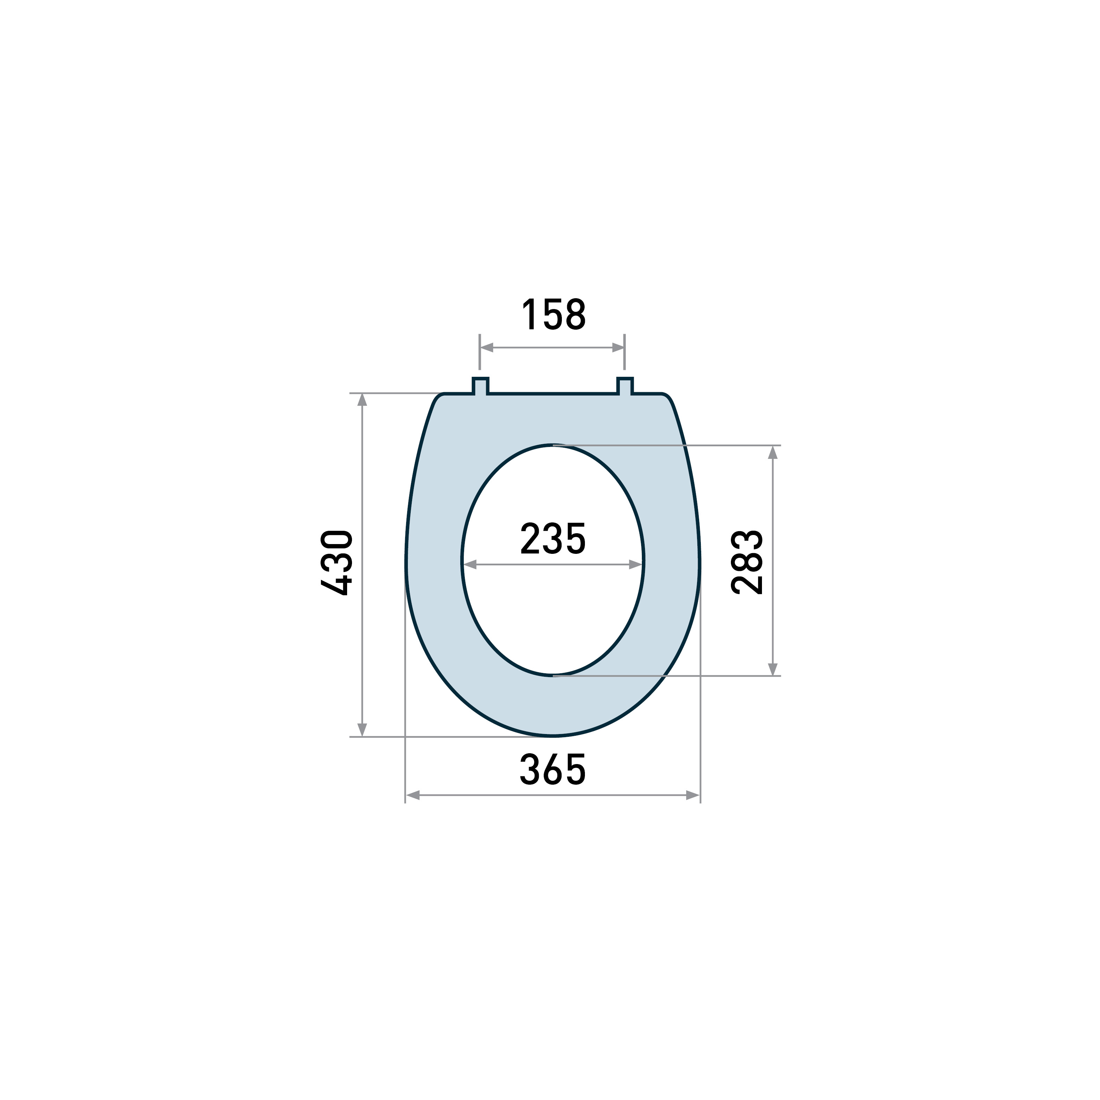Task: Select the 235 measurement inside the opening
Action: point(553,538)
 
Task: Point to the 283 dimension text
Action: point(747,563)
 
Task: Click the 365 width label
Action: point(553,770)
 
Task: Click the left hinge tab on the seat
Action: point(480,386)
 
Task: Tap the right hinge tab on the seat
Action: point(625,386)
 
